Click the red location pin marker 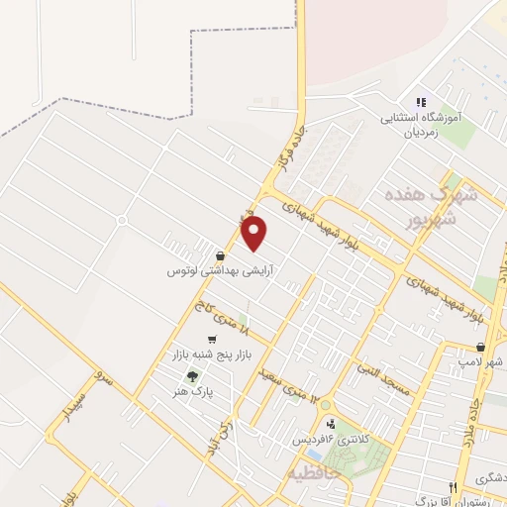pyautogui.click(x=254, y=234)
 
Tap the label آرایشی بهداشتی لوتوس pyautogui.click(x=220, y=269)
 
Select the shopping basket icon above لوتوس pyautogui.click(x=220, y=255)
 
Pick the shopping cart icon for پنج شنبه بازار pyautogui.click(x=212, y=340)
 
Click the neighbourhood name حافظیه pyautogui.click(x=314, y=473)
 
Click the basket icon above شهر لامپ pyautogui.click(x=481, y=348)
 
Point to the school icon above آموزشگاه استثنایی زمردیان pyautogui.click(x=421, y=102)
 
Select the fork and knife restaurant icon pyautogui.click(x=453, y=488)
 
